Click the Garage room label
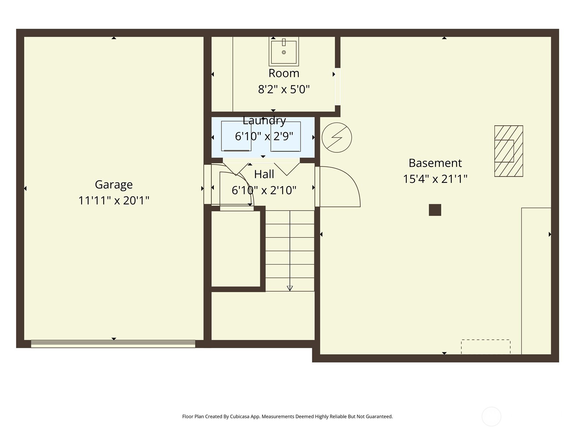point(114,185)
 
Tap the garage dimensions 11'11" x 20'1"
point(114,200)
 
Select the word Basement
point(435,163)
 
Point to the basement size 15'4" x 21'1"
point(435,179)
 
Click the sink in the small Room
point(284,52)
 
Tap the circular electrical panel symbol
point(337,137)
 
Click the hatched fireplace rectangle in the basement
point(509,151)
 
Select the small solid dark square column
point(435,210)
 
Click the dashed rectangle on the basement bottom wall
point(486,347)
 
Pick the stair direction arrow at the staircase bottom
point(290,288)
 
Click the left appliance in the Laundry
point(236,136)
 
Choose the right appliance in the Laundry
point(286,136)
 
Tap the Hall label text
point(264,174)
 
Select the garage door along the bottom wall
point(113,344)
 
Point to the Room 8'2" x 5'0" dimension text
point(284,89)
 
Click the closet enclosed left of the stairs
point(235,249)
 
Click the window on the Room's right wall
point(337,86)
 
